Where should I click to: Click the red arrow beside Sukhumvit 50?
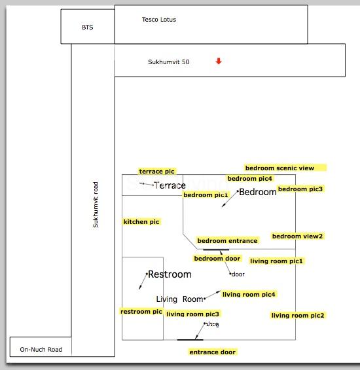pyautogui.click(x=219, y=61)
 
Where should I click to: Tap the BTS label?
pyautogui.click(x=88, y=28)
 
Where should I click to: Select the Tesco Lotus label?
pyautogui.click(x=159, y=20)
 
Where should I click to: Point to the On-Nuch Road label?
pyautogui.click(x=41, y=349)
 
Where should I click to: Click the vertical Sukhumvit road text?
pyautogui.click(x=96, y=204)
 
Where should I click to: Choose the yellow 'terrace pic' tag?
pyautogui.click(x=157, y=172)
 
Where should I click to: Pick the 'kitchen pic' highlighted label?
pyautogui.click(x=141, y=222)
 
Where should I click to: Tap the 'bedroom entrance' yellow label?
pyautogui.click(x=227, y=241)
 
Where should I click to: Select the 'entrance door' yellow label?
pyautogui.click(x=213, y=352)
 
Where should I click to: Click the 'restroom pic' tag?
pyautogui.click(x=141, y=312)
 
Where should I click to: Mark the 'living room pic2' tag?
pyautogui.click(x=298, y=316)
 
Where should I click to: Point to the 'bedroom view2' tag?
pyautogui.click(x=297, y=236)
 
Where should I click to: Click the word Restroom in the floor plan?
pyautogui.click(x=170, y=274)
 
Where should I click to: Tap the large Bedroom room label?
pyautogui.click(x=258, y=192)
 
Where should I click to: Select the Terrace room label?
pyautogui.click(x=170, y=185)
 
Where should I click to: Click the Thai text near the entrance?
pyautogui.click(x=213, y=324)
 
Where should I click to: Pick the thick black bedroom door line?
pyautogui.click(x=216, y=250)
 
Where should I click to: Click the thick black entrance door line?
pyautogui.click(x=190, y=340)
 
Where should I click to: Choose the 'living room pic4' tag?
pyautogui.click(x=249, y=295)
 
